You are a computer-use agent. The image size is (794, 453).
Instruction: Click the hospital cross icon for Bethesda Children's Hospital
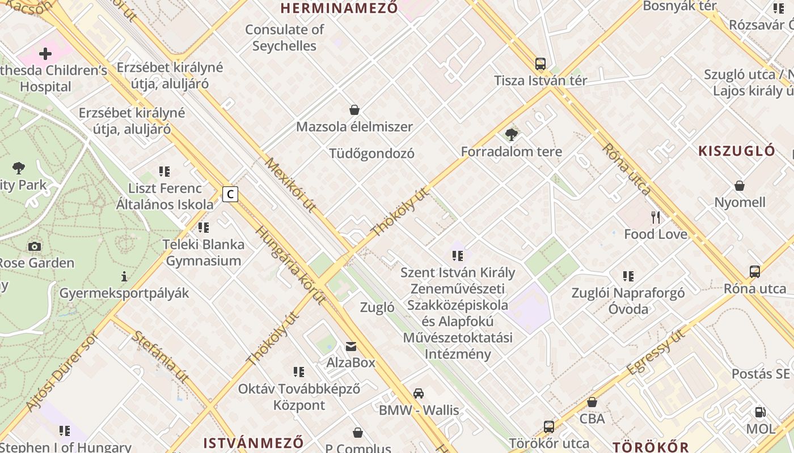click(x=45, y=54)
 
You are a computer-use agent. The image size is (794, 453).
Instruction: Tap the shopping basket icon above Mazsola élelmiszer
click(x=354, y=109)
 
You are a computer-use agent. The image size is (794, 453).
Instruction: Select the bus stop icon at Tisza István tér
click(x=540, y=63)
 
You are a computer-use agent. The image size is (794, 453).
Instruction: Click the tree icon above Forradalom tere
click(x=511, y=134)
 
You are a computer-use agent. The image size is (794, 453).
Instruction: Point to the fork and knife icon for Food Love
click(x=656, y=217)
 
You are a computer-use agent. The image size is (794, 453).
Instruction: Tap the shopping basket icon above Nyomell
click(x=740, y=185)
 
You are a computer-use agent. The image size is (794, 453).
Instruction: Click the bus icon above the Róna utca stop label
click(x=754, y=271)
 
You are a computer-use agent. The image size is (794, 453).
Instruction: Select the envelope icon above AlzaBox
click(x=351, y=345)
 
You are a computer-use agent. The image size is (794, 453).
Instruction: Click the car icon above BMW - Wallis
click(x=419, y=393)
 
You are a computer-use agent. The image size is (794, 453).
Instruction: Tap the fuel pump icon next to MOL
click(x=760, y=412)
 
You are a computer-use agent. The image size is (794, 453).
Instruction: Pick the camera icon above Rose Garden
click(x=35, y=246)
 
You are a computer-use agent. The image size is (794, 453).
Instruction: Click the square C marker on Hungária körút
click(x=230, y=194)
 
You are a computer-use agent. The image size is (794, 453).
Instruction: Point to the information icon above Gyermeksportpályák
click(x=124, y=276)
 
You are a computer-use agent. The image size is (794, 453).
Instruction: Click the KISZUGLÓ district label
click(x=736, y=151)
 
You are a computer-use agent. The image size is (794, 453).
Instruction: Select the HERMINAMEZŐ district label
click(x=339, y=8)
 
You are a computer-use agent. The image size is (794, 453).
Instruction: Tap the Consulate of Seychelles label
click(x=284, y=37)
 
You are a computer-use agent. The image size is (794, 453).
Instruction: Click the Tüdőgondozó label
click(x=371, y=153)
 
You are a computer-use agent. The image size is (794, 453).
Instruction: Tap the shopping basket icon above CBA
click(x=592, y=402)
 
